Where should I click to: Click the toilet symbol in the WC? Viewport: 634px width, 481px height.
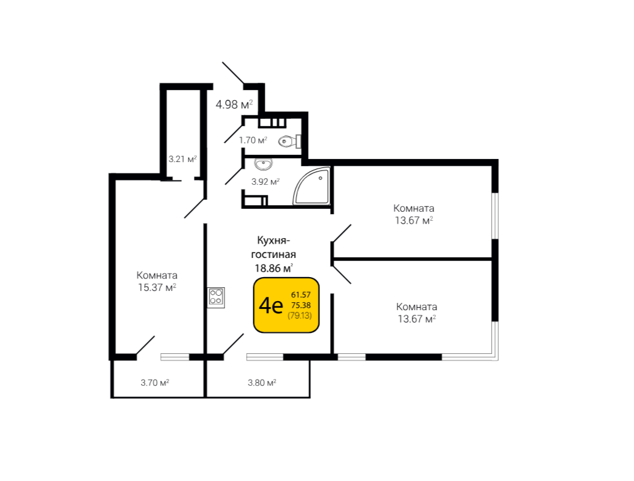click(x=289, y=142)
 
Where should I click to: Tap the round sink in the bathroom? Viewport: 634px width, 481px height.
click(x=263, y=164)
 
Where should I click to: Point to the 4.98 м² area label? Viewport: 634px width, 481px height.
click(x=234, y=105)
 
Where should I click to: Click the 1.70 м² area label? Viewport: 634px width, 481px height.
click(x=253, y=140)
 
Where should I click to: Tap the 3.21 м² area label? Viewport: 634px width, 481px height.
click(x=183, y=159)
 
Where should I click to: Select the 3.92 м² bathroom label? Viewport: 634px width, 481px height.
click(x=265, y=181)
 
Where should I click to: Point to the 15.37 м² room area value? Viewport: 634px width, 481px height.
click(x=157, y=287)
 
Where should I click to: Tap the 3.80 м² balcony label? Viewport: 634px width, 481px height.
click(x=262, y=382)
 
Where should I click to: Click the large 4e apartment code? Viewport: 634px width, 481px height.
click(x=270, y=306)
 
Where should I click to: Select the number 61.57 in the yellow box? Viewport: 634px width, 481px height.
click(x=300, y=294)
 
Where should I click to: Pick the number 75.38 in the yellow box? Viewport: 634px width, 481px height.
click(x=300, y=305)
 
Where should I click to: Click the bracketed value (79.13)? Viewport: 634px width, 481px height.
click(x=300, y=315)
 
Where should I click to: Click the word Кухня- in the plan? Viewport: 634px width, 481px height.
click(x=273, y=240)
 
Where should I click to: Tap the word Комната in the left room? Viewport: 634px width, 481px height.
click(x=157, y=275)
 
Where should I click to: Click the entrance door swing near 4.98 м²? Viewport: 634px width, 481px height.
click(x=233, y=73)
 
